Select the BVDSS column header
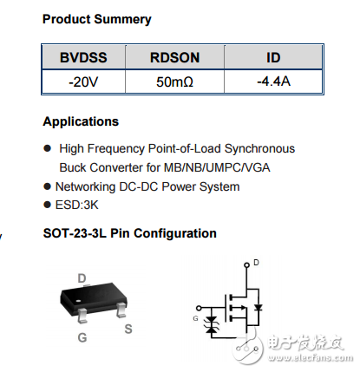(x=84, y=57)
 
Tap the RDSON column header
(x=175, y=57)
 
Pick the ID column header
(x=272, y=57)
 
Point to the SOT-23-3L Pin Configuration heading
(x=130, y=233)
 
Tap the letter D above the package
(x=82, y=277)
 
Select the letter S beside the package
(x=128, y=329)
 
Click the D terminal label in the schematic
(x=256, y=261)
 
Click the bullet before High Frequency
(x=48, y=149)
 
